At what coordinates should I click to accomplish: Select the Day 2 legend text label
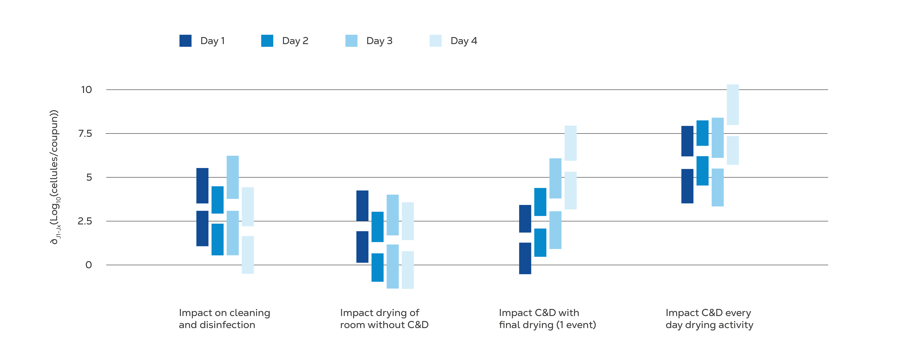tap(295, 41)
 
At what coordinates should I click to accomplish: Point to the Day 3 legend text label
tap(379, 41)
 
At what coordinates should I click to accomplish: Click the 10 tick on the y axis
tap(86, 90)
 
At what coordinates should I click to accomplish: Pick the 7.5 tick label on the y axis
tap(85, 134)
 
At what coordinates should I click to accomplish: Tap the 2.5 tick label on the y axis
tap(85, 221)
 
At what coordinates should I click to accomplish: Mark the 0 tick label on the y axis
tap(89, 265)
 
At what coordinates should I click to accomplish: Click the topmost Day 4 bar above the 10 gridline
tap(733, 105)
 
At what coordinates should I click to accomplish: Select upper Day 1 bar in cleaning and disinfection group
tap(202, 185)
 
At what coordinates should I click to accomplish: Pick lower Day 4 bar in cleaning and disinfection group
tap(248, 255)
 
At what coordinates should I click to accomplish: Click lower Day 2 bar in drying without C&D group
tap(377, 267)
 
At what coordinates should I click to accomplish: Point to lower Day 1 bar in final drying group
tap(525, 258)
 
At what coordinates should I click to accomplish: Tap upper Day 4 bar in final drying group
tap(570, 143)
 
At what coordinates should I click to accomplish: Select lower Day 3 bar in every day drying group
tap(718, 187)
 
